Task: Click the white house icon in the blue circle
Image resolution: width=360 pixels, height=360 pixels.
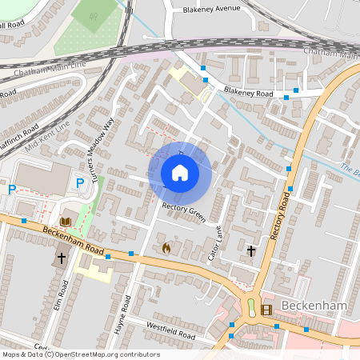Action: click(x=180, y=172)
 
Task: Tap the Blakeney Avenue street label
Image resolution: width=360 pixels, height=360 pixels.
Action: click(x=211, y=9)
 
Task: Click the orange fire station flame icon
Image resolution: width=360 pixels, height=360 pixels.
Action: click(x=166, y=248)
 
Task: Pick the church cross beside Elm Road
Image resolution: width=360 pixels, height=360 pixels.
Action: click(x=62, y=258)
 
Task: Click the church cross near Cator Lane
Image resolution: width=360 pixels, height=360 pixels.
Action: click(x=251, y=250)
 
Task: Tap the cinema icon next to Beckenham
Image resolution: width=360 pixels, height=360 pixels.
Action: click(x=266, y=309)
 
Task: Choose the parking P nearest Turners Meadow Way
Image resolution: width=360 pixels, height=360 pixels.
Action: click(x=80, y=183)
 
